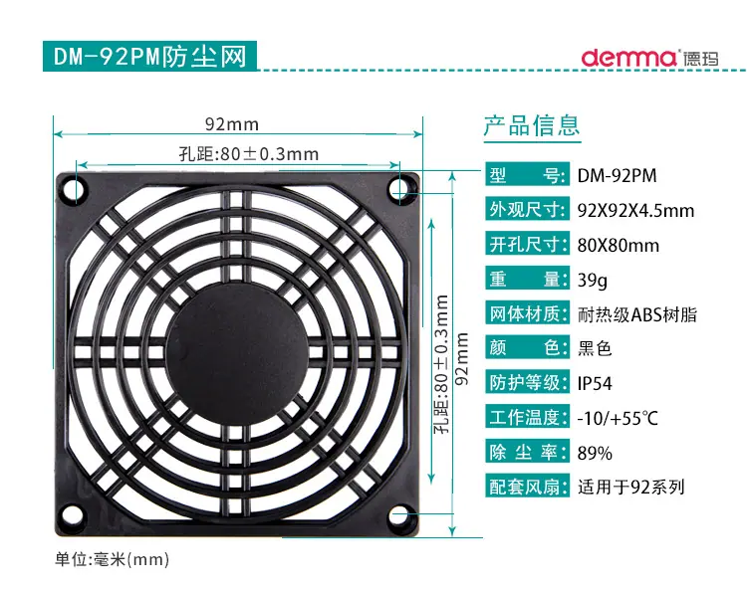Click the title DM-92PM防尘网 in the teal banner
click(x=150, y=57)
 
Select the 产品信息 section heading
click(x=532, y=125)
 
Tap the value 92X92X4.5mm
click(x=635, y=210)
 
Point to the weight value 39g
click(x=593, y=280)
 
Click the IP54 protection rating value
click(x=595, y=384)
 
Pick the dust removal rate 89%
click(x=595, y=453)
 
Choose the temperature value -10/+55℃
click(x=618, y=418)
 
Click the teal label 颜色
click(x=527, y=348)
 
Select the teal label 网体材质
click(x=527, y=313)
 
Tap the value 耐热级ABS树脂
click(x=637, y=314)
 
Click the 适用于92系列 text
click(x=631, y=487)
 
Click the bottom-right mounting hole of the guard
click(x=400, y=516)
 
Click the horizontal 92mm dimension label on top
click(x=232, y=124)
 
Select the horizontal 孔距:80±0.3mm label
click(x=249, y=154)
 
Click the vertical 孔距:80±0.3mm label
click(x=441, y=364)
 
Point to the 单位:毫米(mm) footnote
click(x=112, y=559)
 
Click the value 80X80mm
click(x=619, y=246)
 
